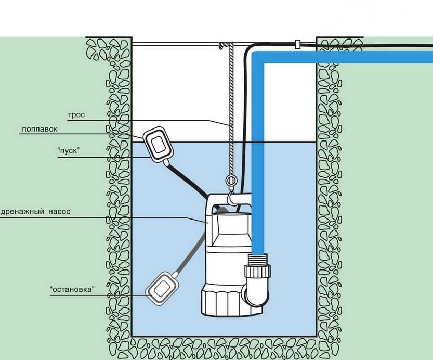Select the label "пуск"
69,151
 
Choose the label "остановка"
72,290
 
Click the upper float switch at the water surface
159,143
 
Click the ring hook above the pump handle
230,181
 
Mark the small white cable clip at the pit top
297,44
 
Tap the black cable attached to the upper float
187,179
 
